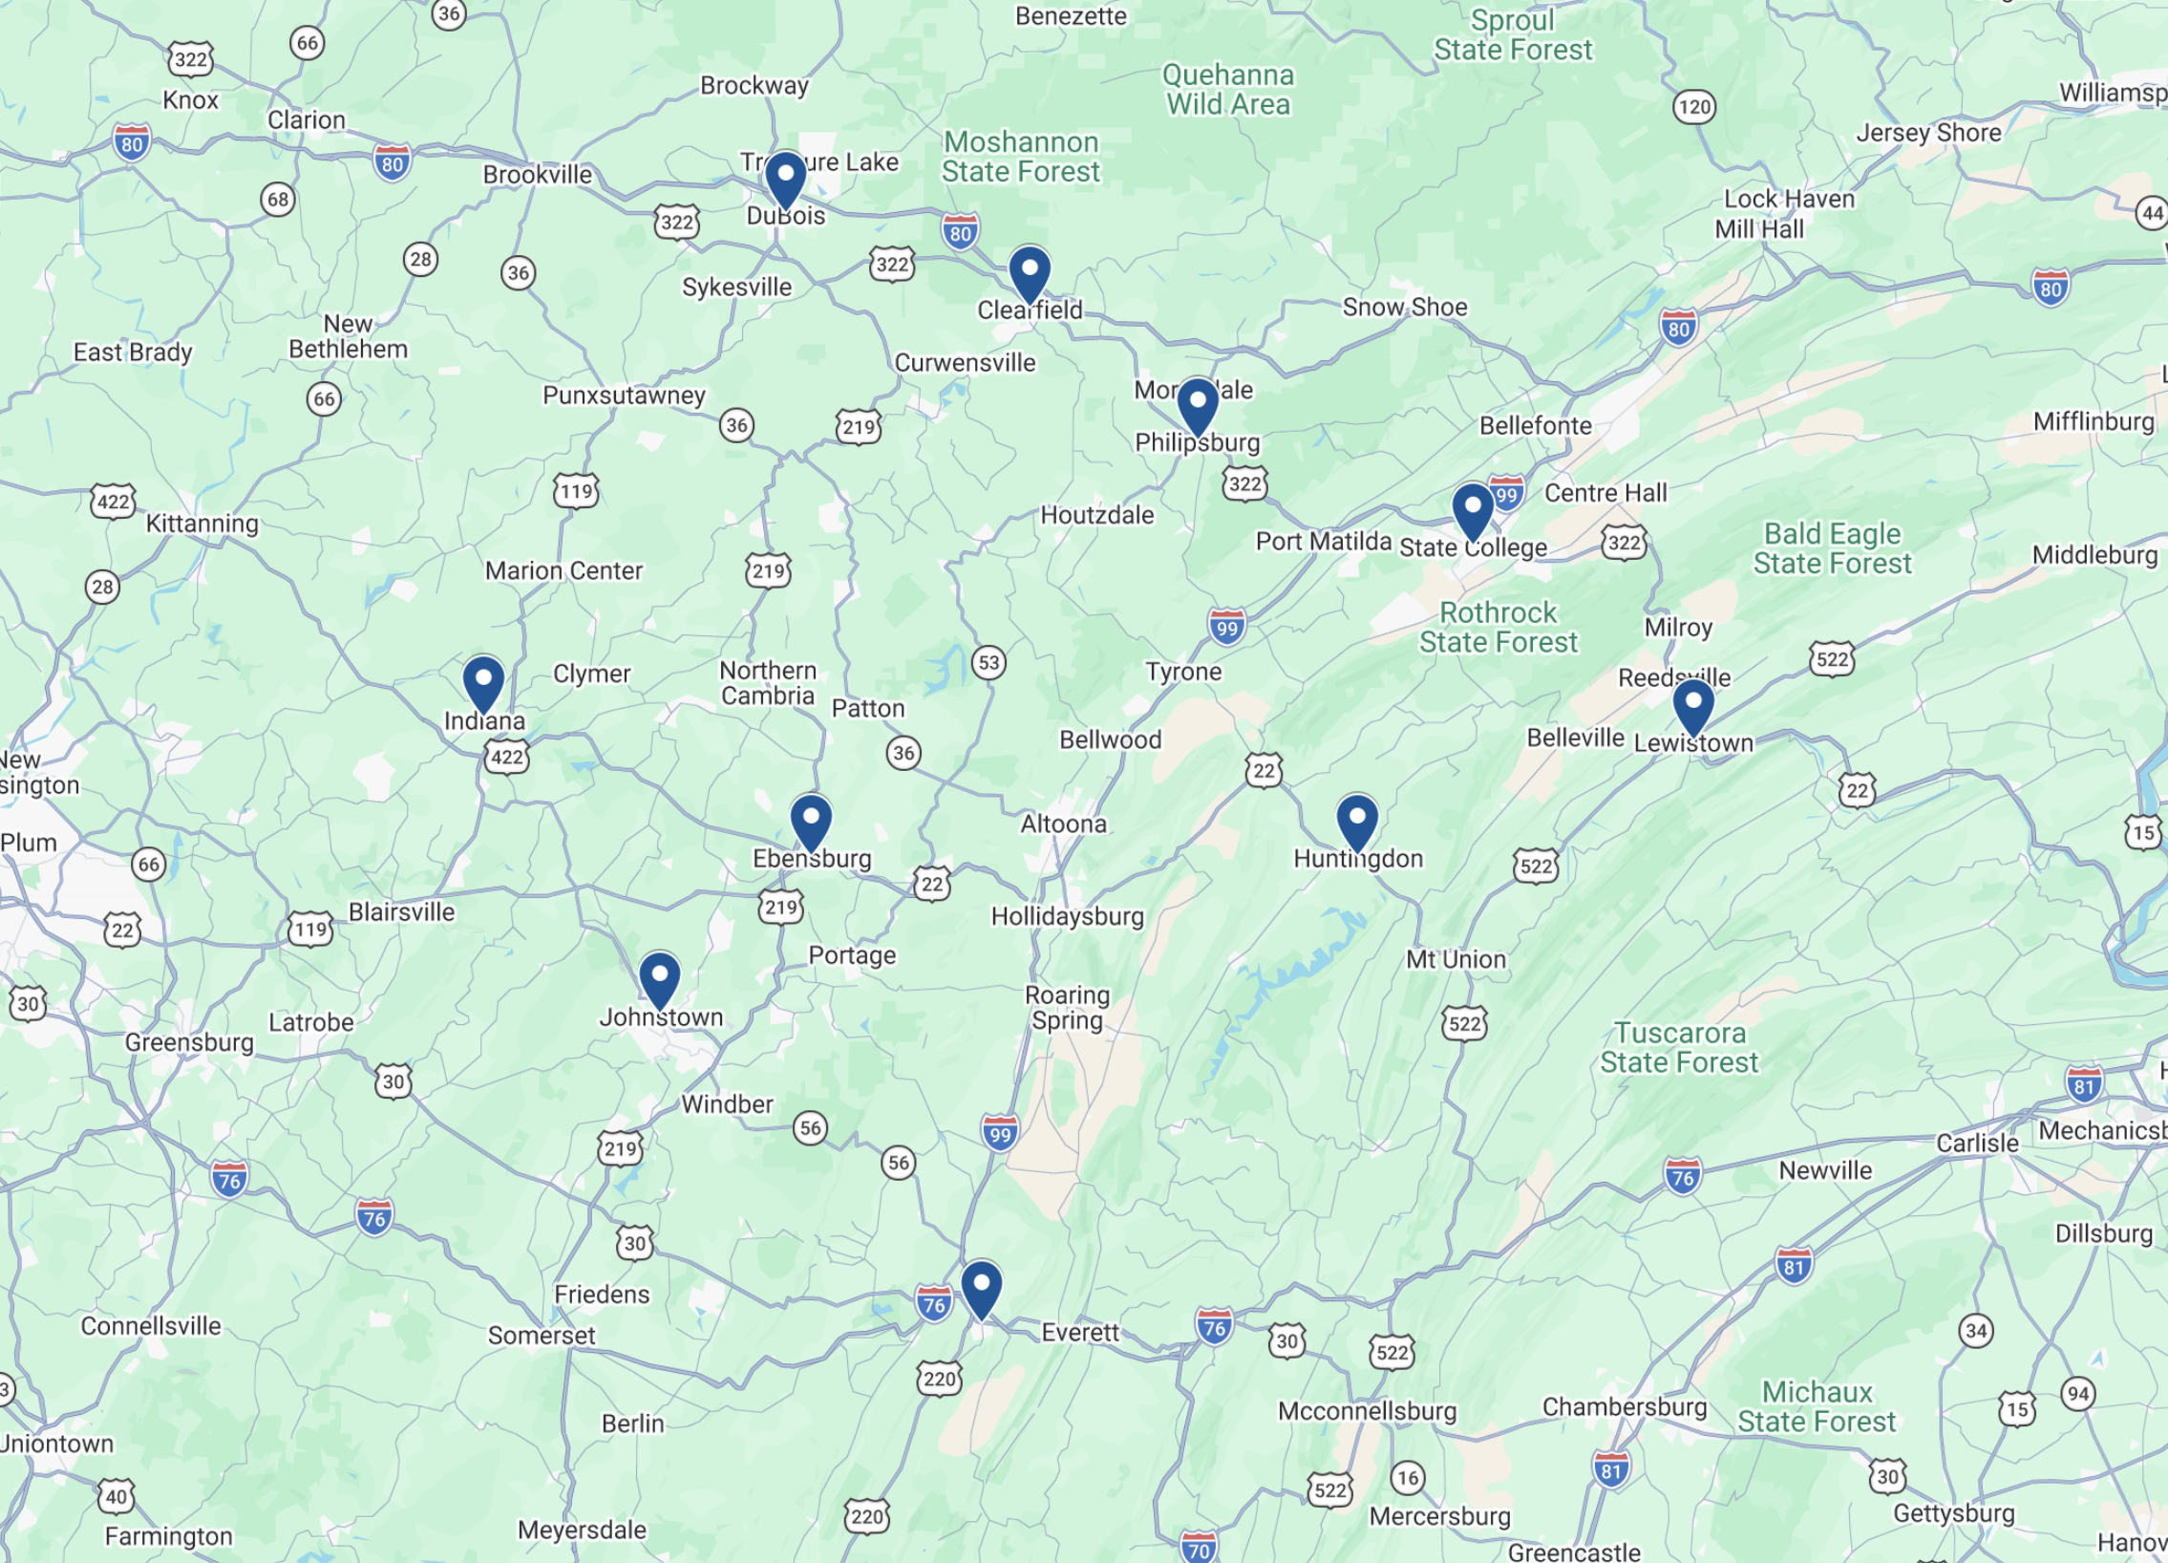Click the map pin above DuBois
[x=785, y=178]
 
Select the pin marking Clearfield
[x=1030, y=272]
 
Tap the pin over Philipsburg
[x=1197, y=404]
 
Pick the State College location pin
[x=1472, y=509]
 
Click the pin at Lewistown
[x=1693, y=705]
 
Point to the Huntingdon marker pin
[x=1356, y=821]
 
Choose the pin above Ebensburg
[x=811, y=821]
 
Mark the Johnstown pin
[x=660, y=978]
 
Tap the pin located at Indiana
[x=483, y=682]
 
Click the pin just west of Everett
[x=981, y=1287]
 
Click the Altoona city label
[x=1063, y=824]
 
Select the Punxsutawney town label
[x=624, y=395]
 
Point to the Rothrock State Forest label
[x=1498, y=627]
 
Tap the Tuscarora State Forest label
[x=1680, y=1048]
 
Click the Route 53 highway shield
[x=988, y=662]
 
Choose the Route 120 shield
[x=1694, y=106]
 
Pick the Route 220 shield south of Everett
[x=939, y=1379]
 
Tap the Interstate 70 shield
[x=1199, y=1550]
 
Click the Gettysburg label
[x=1954, y=1513]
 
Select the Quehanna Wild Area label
[x=1228, y=89]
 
